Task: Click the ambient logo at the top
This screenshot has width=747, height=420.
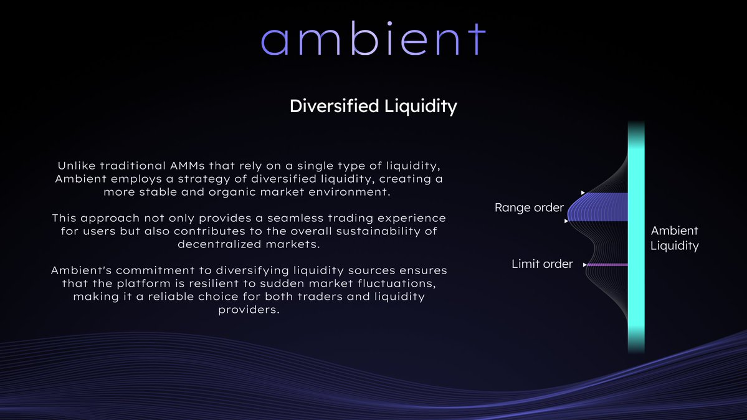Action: [x=373, y=39]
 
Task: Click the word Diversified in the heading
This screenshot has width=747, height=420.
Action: [x=334, y=106]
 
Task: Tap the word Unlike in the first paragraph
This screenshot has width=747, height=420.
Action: [x=76, y=165]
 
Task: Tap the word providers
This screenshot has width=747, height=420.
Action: [x=249, y=310]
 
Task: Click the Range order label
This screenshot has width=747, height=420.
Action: [x=529, y=208]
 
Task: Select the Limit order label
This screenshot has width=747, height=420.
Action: [x=542, y=264]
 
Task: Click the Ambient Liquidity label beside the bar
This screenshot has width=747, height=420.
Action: [x=675, y=238]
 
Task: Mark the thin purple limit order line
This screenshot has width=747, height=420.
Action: [x=607, y=265]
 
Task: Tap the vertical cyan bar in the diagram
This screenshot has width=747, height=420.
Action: [x=636, y=237]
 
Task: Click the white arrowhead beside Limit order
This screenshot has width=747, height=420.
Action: [x=584, y=265]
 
